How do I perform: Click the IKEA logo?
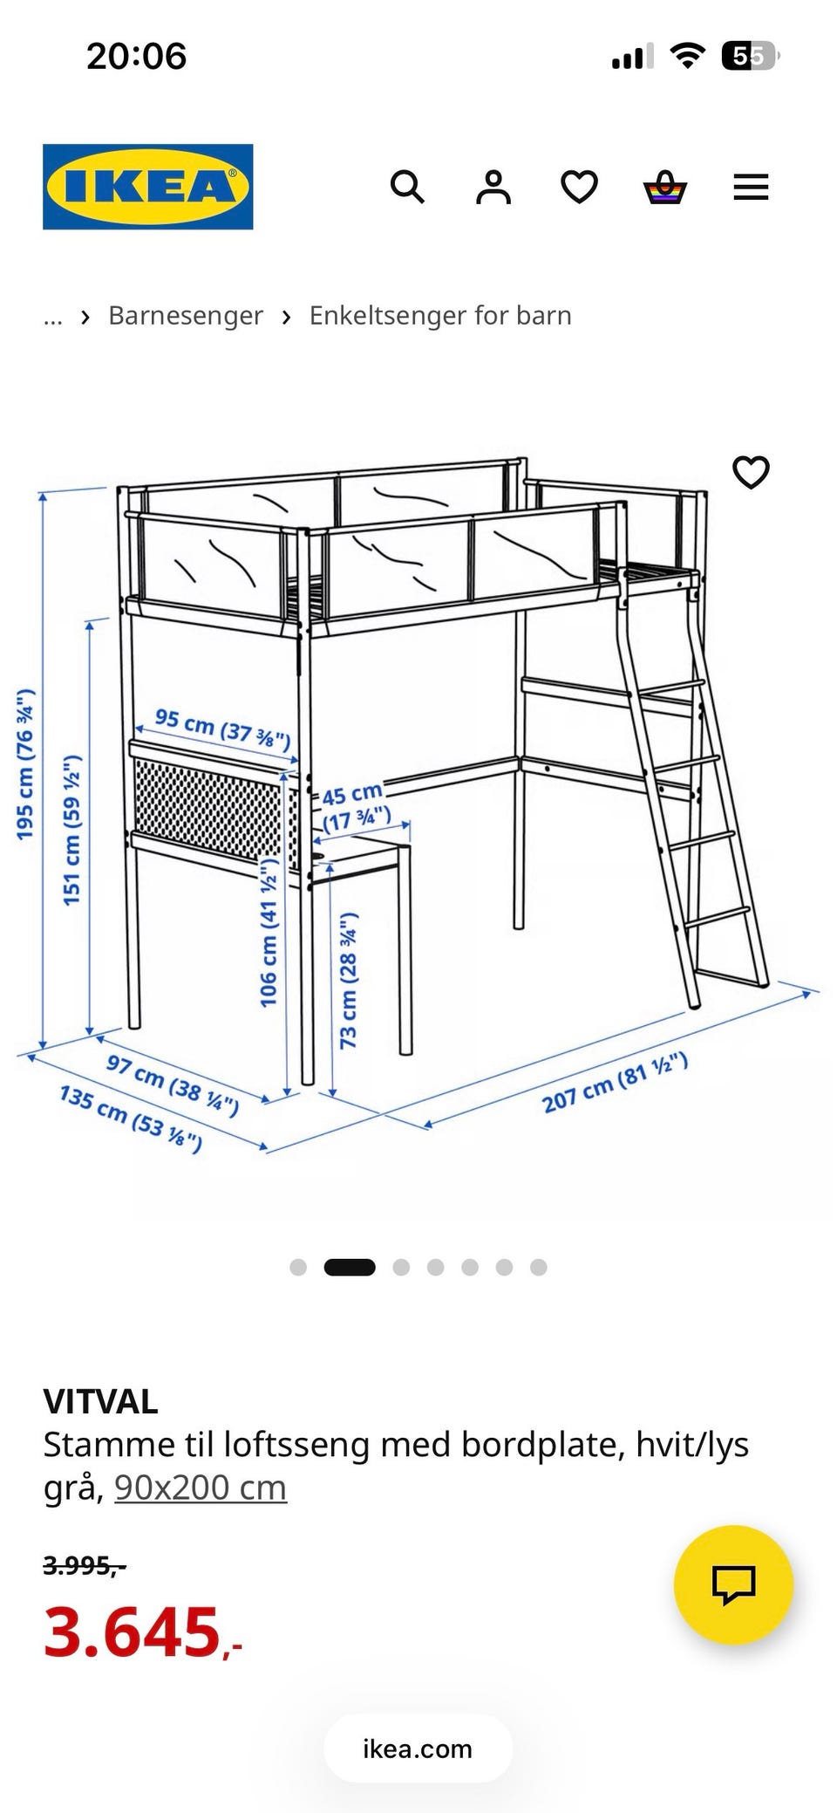coord(148,187)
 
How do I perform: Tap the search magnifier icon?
coord(407,187)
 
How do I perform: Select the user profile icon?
coord(493,187)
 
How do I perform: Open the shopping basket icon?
coord(665,188)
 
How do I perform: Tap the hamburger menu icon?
coord(751,187)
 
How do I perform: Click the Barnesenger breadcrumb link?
coord(186,315)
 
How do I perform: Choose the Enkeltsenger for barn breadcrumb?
coord(440,315)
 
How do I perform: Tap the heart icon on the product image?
coord(751,472)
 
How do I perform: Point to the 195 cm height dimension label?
coord(25,763)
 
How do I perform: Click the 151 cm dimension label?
coord(71,830)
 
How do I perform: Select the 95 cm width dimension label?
coord(222,729)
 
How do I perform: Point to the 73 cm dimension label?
coord(348,980)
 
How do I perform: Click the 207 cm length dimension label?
coord(615,1083)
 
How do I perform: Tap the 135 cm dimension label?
coord(131,1119)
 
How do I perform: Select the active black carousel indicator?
coord(350,1267)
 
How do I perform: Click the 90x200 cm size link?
coord(201,1488)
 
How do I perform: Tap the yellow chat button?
coord(733,1584)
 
